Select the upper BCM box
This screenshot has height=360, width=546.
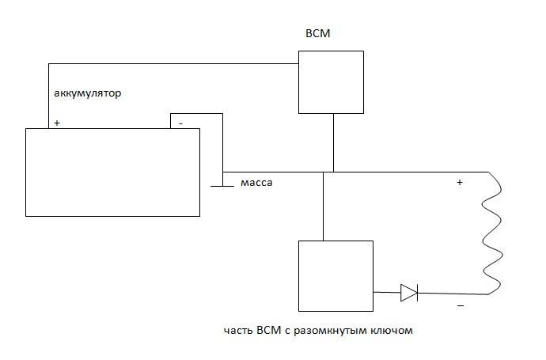pos(331,82)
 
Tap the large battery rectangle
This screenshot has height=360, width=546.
pos(113,172)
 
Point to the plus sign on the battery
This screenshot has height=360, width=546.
pos(56,123)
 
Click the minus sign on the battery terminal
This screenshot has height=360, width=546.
pos(181,123)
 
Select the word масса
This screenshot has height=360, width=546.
pos(257,183)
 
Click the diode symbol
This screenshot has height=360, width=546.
pos(409,293)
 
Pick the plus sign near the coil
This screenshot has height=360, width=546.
pos(459,183)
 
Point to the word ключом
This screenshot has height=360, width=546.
pos(392,332)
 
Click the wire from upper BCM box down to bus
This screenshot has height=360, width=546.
pos(334,142)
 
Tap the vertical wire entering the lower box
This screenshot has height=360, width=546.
pos(324,206)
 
